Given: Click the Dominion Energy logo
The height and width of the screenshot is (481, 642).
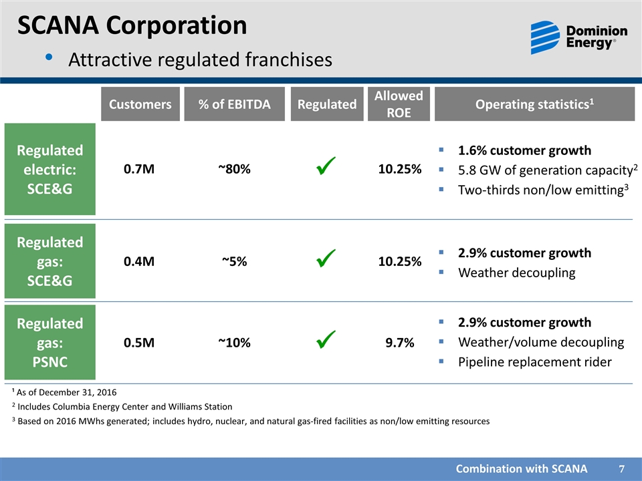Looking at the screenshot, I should coord(578,37).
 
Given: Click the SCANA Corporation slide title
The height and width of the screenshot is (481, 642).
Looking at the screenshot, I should coord(132,25).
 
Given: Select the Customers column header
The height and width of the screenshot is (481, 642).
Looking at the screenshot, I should coord(140,104).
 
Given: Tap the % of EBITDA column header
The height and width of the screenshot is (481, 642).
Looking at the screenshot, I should coord(234,104).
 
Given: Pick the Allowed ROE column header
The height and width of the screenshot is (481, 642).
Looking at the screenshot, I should coord(398,104).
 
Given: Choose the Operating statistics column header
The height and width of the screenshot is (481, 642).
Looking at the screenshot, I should coord(534,104).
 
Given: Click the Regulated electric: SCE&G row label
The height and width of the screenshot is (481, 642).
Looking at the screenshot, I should coord(50,169).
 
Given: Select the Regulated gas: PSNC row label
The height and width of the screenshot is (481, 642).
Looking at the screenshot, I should coord(50,342).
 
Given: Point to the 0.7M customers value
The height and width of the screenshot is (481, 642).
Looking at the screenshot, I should coord(140,169).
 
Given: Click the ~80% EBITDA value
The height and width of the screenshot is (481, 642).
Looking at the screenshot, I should coord(234,169).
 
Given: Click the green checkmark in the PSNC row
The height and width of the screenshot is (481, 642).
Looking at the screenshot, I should coord(326,340).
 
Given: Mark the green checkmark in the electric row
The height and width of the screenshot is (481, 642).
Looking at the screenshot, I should coord(326,167).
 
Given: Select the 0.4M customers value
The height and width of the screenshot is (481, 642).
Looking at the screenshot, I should coord(140,262).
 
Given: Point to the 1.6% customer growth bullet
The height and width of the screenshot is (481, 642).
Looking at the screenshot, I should coord(524,150).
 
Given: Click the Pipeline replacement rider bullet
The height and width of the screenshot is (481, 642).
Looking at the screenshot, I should coord(534,362).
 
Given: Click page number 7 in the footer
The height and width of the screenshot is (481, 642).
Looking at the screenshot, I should coord(622,469).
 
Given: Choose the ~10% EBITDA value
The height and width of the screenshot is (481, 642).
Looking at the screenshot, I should coord(234,343).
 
